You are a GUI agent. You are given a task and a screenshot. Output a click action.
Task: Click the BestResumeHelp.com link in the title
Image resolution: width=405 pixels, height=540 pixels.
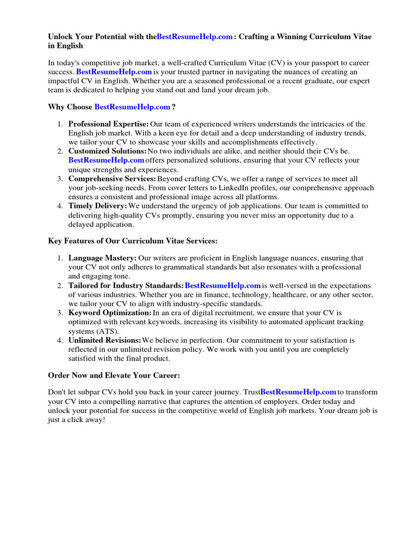pyautogui.click(x=195, y=37)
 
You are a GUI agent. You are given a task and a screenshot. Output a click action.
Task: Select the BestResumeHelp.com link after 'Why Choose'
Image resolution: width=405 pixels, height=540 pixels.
pyautogui.click(x=132, y=107)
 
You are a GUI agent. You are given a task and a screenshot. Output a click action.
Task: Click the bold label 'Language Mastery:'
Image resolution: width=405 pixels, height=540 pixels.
pyautogui.click(x=102, y=258)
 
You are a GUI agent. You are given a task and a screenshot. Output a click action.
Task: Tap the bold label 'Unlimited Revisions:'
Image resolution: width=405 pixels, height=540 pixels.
pyautogui.click(x=104, y=340)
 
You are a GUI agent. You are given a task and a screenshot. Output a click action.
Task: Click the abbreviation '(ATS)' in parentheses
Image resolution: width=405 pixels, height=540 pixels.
pyautogui.click(x=108, y=331)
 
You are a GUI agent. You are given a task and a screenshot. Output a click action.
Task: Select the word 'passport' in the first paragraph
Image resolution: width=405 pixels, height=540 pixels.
pyautogui.click(x=314, y=63)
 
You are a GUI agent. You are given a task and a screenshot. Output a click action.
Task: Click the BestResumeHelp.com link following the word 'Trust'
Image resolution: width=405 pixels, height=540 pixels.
pyautogui.click(x=298, y=392)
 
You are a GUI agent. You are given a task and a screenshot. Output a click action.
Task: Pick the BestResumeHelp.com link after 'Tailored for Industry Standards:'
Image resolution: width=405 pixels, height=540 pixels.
pyautogui.click(x=223, y=285)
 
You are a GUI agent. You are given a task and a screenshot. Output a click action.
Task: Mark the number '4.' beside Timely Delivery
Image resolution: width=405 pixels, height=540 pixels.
pyautogui.click(x=60, y=206)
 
